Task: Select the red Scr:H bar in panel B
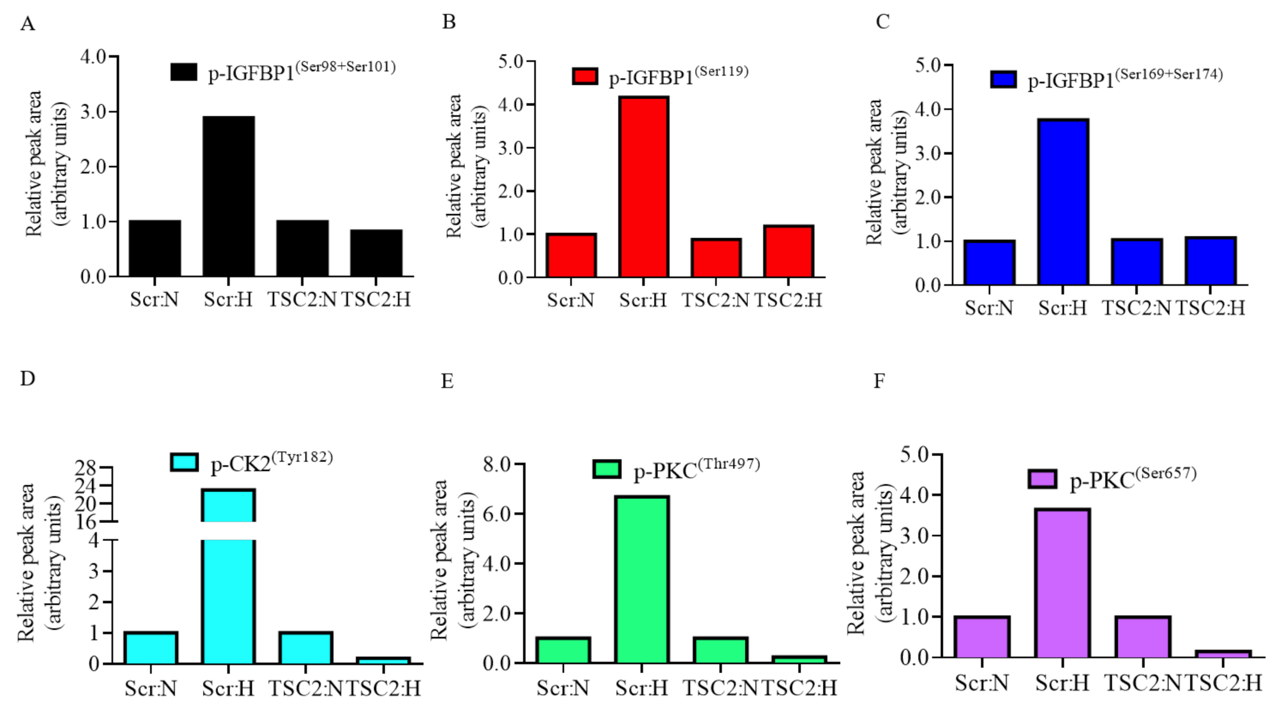tap(643, 187)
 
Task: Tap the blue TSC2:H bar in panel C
tap(1210, 261)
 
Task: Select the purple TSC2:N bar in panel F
tap(1143, 637)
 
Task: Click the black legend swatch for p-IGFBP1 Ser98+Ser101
tap(183, 72)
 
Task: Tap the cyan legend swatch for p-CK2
tap(184, 462)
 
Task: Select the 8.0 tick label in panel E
tap(497, 464)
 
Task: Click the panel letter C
tap(882, 22)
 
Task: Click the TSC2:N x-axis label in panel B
tap(715, 300)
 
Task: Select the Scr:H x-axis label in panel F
tap(1062, 683)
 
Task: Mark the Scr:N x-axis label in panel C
tap(988, 308)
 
